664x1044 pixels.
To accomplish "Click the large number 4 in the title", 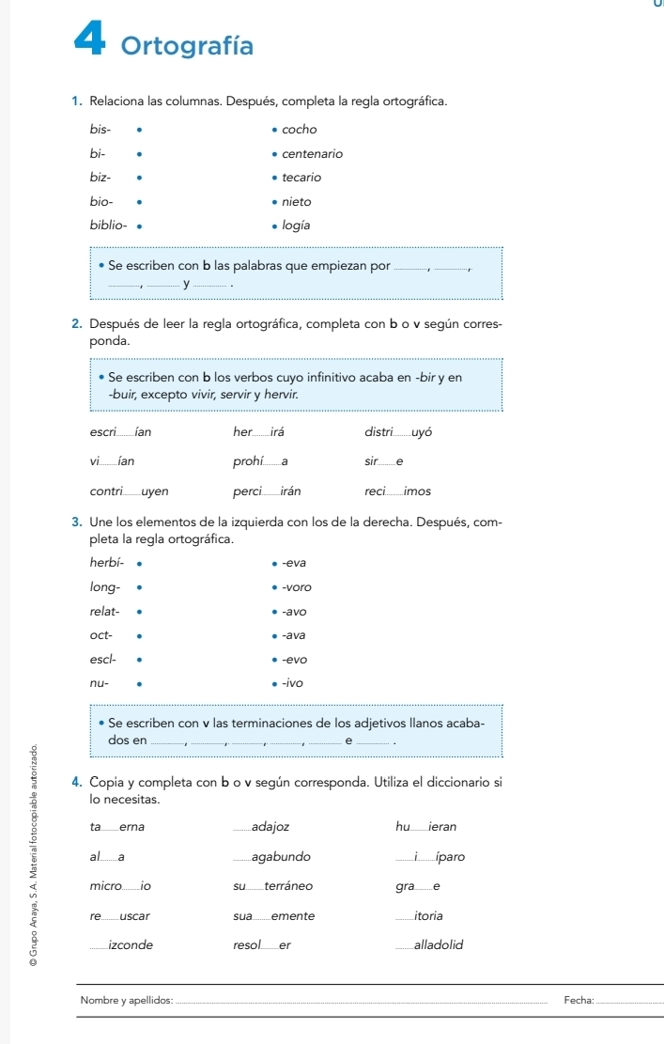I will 94,42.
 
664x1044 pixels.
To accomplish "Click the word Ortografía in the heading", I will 188,45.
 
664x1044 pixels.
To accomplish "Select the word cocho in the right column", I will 300,129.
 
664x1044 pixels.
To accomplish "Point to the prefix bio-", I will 100,200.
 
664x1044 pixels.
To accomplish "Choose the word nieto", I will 296,200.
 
